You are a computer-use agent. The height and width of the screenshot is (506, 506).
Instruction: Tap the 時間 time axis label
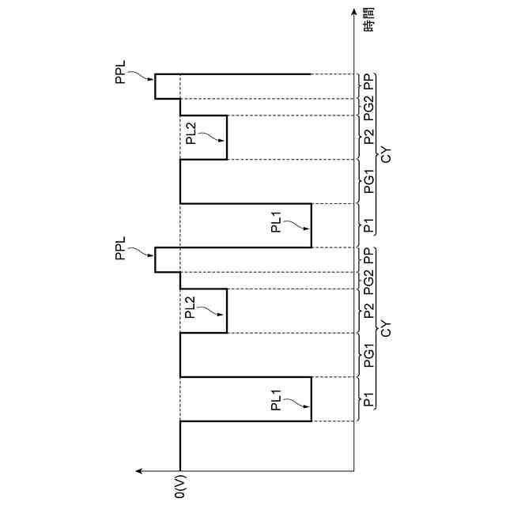click(x=368, y=22)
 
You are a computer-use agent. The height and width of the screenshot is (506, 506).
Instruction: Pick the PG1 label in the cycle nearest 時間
click(x=368, y=182)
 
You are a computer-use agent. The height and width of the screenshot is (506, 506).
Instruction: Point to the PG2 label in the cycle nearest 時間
click(x=368, y=107)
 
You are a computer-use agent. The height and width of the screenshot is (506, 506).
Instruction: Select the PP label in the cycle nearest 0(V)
click(x=368, y=255)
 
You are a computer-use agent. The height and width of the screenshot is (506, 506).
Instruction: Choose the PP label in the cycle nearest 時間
click(x=368, y=81)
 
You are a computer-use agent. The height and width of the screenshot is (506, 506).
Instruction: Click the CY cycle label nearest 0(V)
click(x=387, y=329)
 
